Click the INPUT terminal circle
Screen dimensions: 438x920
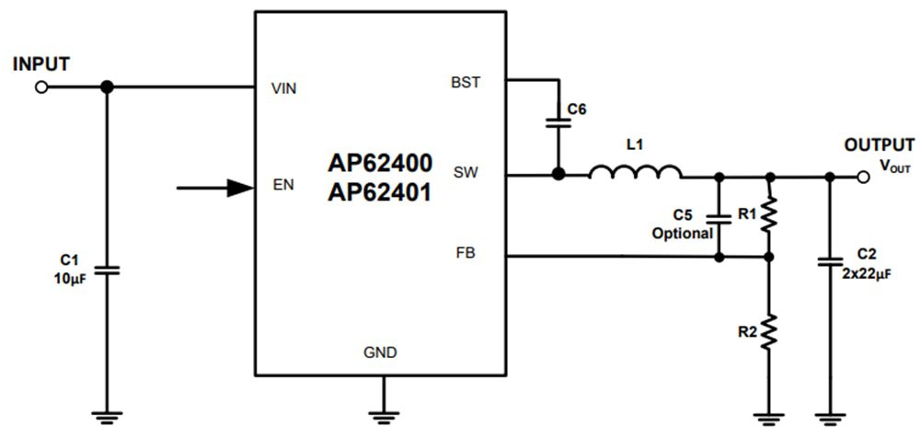(x=40, y=87)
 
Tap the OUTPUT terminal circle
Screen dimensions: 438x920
(x=862, y=176)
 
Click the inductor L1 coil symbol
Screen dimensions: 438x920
(x=635, y=172)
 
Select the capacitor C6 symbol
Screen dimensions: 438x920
(x=556, y=123)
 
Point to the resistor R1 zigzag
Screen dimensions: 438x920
(x=770, y=216)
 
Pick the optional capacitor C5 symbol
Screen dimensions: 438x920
(x=719, y=218)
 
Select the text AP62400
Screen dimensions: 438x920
(x=379, y=161)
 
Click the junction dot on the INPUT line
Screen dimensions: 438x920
(x=107, y=87)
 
